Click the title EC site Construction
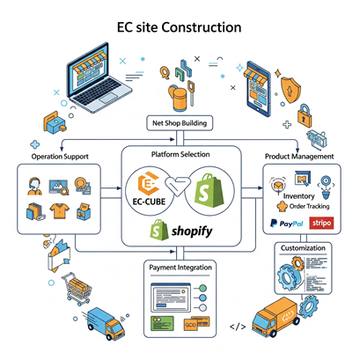(180, 27)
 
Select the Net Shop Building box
(180, 123)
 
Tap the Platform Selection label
(180, 154)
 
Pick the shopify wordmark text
(192, 231)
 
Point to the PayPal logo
(287, 224)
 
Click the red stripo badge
(321, 224)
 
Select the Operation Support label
(60, 157)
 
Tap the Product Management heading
(299, 157)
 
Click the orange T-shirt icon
(60, 211)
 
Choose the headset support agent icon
(34, 187)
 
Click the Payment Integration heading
(180, 268)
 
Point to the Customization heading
(303, 248)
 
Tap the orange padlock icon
(305, 115)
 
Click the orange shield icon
(290, 89)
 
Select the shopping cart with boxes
(77, 288)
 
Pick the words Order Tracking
(309, 206)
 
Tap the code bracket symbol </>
(238, 327)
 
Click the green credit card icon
(162, 324)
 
